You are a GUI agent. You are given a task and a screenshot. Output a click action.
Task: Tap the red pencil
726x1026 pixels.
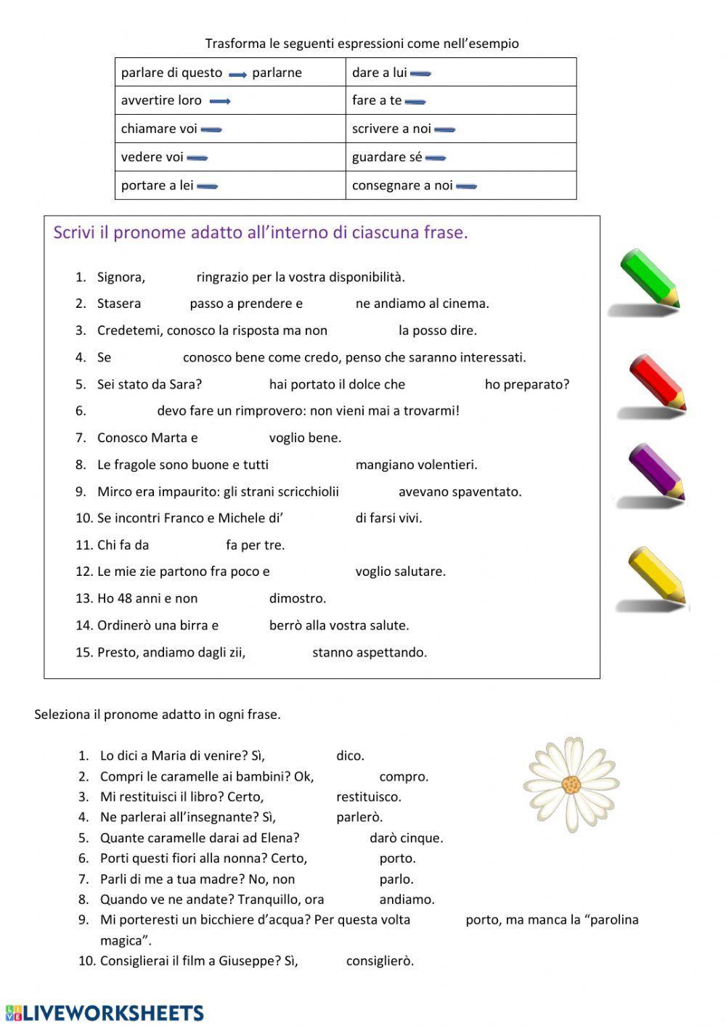pos(656,383)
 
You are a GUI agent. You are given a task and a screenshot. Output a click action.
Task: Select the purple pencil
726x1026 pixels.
pos(656,473)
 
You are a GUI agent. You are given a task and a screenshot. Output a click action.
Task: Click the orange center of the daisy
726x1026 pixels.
pos(571,785)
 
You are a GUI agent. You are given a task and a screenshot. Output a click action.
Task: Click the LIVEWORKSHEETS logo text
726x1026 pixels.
pos(113,1013)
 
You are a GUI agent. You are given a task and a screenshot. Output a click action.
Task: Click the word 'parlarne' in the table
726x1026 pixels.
pos(277,73)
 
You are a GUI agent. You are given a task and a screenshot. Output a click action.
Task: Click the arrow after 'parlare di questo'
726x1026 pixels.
pos(237,74)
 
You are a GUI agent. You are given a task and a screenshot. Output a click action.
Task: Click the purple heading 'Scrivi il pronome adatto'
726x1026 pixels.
pos(260,232)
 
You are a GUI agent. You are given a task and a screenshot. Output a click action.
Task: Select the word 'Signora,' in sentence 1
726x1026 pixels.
pos(121,277)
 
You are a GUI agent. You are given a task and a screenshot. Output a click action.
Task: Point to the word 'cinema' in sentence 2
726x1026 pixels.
pos(467,304)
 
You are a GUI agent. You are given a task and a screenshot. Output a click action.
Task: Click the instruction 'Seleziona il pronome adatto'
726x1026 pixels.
pos(157,714)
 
